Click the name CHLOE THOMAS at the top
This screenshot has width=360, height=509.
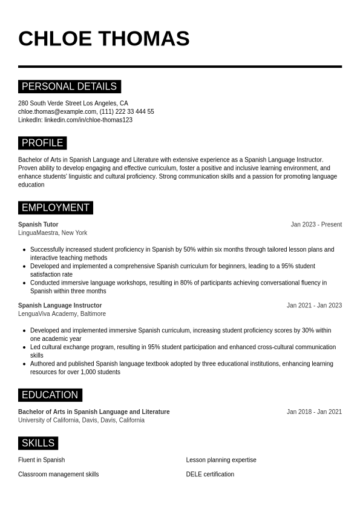coord(103,39)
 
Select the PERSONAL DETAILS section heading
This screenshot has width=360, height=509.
coord(69,87)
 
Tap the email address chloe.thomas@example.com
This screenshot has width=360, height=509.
coord(57,111)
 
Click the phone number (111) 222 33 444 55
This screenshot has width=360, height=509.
coord(127,111)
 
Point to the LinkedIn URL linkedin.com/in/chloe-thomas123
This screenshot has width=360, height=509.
coord(88,120)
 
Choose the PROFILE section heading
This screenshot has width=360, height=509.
coord(42,143)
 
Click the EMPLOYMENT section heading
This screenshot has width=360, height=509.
coord(55,208)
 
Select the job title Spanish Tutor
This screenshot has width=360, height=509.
coord(38,225)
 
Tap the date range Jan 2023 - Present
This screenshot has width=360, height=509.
coord(316,225)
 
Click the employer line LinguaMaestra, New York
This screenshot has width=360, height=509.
coord(53,233)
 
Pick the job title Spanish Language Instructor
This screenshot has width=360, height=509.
coord(60,306)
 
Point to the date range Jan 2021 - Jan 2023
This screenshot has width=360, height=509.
coord(314,306)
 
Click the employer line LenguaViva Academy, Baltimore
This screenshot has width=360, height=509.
coord(62,314)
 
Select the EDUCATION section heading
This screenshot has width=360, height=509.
coord(50,395)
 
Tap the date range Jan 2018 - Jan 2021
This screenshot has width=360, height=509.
coord(314,412)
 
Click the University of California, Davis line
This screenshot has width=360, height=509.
coord(81,420)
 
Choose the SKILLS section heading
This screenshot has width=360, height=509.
coord(38,443)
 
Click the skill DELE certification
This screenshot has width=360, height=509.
coord(210,475)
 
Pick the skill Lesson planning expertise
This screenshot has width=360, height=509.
coord(221,460)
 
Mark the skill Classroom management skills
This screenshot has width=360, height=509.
coord(58,475)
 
